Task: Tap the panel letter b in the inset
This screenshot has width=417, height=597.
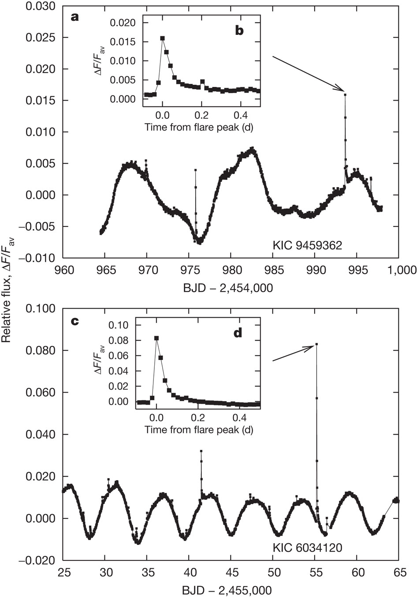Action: tap(239, 30)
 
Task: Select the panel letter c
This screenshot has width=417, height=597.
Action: tap(74, 321)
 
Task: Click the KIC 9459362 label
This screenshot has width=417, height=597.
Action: tap(307, 246)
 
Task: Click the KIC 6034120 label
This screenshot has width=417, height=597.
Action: tap(307, 548)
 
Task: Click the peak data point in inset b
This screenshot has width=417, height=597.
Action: tap(163, 38)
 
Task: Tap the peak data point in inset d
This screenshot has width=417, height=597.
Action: tap(156, 338)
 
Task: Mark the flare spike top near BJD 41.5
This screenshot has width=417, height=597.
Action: tap(201, 451)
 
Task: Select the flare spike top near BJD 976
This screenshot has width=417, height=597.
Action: tap(195, 170)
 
